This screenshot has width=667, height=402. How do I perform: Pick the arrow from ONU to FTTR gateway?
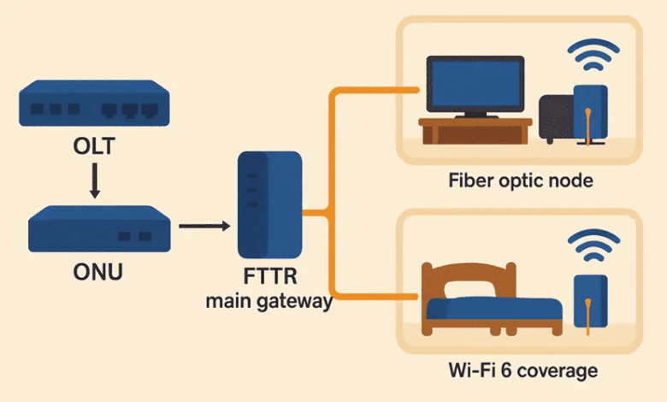205,226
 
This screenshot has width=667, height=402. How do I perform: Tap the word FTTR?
269,280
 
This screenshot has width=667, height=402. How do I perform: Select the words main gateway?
269,301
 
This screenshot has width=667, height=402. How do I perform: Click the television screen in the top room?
475,85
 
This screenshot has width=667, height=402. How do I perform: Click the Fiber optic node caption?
520,181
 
